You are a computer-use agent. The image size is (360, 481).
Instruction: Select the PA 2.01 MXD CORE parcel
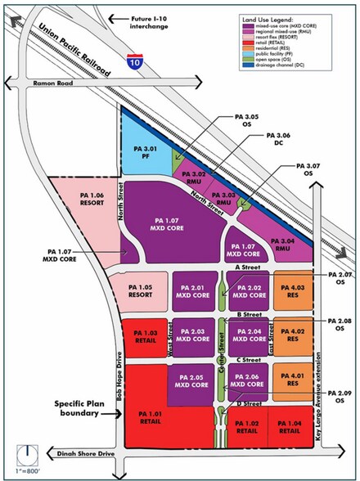[x=193, y=292]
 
